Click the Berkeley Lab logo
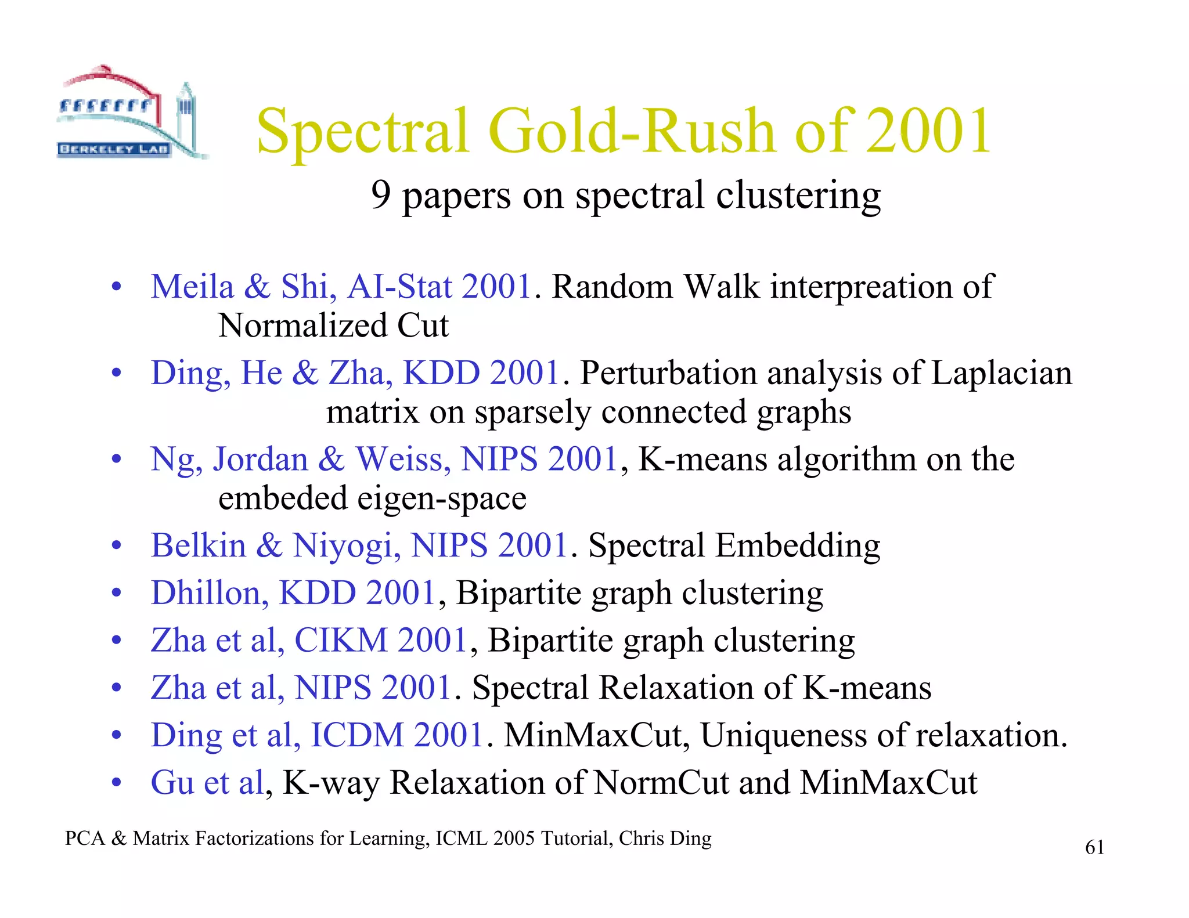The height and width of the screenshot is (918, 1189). [x=131, y=113]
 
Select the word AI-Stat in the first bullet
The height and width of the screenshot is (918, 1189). [x=399, y=287]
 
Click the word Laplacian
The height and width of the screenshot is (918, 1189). [x=1001, y=373]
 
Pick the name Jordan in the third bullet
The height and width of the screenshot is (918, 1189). [x=260, y=460]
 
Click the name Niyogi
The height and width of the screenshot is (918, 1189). [x=347, y=546]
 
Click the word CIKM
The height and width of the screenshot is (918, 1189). [x=341, y=641]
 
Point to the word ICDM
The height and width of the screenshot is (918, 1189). [x=357, y=735]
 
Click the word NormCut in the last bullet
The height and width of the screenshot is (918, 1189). [x=661, y=783]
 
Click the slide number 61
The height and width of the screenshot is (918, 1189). [x=1094, y=848]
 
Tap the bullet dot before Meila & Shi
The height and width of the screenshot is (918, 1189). [x=117, y=287]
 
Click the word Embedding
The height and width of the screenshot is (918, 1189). [x=798, y=546]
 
